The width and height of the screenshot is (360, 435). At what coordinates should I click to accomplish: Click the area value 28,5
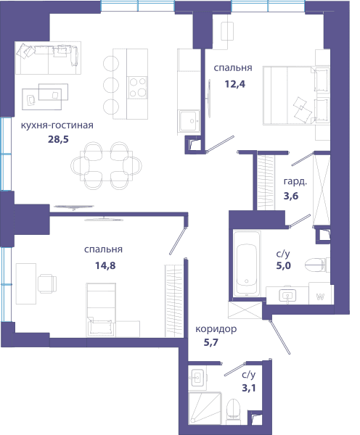(58, 139)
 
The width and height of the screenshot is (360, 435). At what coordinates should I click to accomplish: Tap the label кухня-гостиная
(57, 125)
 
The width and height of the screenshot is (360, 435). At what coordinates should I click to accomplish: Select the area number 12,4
(235, 84)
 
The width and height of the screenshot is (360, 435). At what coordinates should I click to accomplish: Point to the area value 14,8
(105, 265)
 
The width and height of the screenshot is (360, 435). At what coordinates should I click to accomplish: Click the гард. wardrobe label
(295, 181)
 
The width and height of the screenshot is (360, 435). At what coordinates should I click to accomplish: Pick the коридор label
(216, 329)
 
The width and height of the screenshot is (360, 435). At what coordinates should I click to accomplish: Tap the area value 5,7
(211, 342)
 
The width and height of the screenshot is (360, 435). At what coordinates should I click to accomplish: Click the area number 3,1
(249, 388)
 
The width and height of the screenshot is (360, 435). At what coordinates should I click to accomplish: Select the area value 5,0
(283, 265)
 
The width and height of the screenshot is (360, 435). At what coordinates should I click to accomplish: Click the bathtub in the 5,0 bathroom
(247, 263)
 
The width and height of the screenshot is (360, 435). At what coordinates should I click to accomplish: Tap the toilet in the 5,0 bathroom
(317, 265)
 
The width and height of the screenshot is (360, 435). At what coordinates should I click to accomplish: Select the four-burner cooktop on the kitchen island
(137, 88)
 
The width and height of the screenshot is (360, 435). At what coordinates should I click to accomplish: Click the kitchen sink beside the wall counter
(189, 120)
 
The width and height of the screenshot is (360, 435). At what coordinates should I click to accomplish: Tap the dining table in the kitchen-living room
(106, 166)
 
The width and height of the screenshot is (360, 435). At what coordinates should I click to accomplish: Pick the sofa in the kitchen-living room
(48, 58)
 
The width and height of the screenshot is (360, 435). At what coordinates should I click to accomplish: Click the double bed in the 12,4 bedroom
(296, 96)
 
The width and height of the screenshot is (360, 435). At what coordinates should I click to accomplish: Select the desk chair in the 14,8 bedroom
(47, 283)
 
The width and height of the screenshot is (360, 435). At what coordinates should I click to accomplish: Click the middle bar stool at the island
(111, 85)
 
